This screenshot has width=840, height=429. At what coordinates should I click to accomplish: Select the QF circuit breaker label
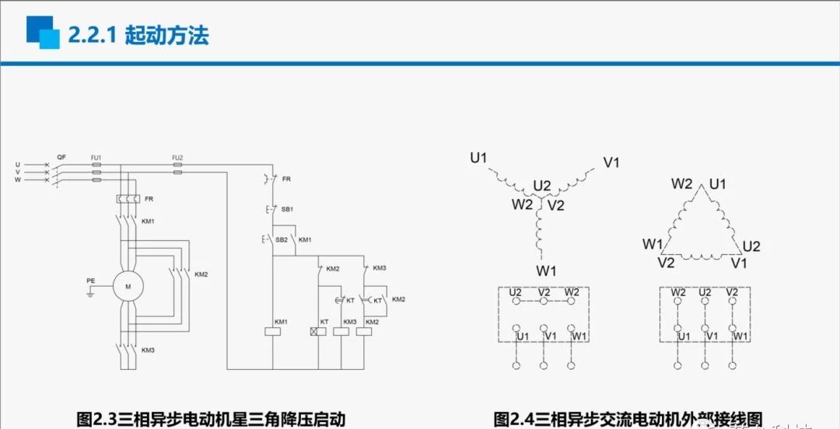click(x=61, y=157)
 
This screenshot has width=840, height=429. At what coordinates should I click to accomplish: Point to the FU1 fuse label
click(x=96, y=157)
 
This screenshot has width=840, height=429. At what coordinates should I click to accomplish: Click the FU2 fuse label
click(x=177, y=157)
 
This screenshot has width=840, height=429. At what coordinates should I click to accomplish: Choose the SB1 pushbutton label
click(x=287, y=210)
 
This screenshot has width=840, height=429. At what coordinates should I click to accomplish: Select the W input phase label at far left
click(x=18, y=180)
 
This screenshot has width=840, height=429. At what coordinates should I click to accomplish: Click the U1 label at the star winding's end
click(x=478, y=158)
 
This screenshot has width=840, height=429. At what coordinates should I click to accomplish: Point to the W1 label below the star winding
click(x=547, y=271)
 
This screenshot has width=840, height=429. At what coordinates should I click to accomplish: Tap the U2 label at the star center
click(x=541, y=187)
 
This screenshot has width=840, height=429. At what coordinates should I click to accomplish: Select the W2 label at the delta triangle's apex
click(x=682, y=184)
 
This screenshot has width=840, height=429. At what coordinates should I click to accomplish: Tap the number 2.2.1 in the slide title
click(x=93, y=35)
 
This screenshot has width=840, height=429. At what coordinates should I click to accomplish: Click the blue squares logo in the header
click(x=43, y=32)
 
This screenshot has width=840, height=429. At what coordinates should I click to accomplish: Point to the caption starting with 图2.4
click(x=627, y=418)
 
